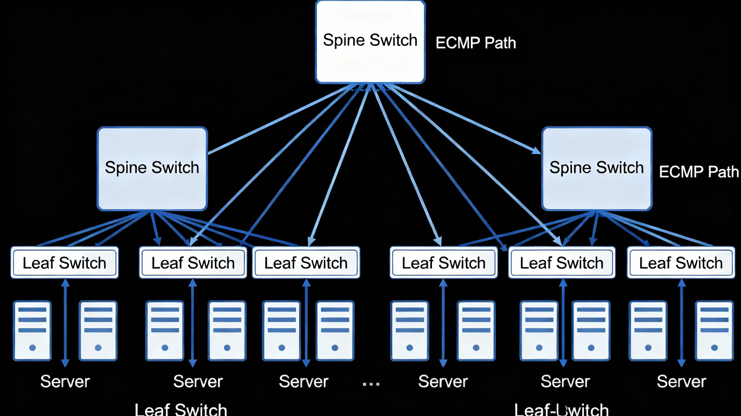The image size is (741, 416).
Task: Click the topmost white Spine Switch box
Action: pos(370,41)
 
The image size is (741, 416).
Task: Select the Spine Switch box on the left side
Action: pos(152,168)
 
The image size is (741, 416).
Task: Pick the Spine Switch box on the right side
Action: pos(596,168)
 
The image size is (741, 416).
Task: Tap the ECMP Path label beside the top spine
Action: pos(476,43)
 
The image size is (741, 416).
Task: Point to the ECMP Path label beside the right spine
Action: pos(699,172)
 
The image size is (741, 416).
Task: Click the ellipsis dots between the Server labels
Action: pos(370,384)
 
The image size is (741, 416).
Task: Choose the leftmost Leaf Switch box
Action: pos(65,263)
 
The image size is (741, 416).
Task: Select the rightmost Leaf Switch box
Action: pos(681,263)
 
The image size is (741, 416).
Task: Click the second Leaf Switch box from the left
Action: pos(193,263)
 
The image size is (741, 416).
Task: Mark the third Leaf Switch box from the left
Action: pos(306,263)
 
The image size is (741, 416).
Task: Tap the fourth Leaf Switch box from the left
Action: pos(443,263)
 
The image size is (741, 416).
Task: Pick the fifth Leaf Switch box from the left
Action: pos(561,263)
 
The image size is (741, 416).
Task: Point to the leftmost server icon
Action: pos(32,330)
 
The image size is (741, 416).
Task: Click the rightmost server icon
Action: pos(714,330)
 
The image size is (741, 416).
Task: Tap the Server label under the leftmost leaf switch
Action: pos(65,382)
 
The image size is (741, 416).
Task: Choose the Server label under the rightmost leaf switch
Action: pos(681,382)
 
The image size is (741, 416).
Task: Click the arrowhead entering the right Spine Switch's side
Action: pos(536,151)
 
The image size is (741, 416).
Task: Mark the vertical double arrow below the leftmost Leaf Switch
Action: pos(65,322)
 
